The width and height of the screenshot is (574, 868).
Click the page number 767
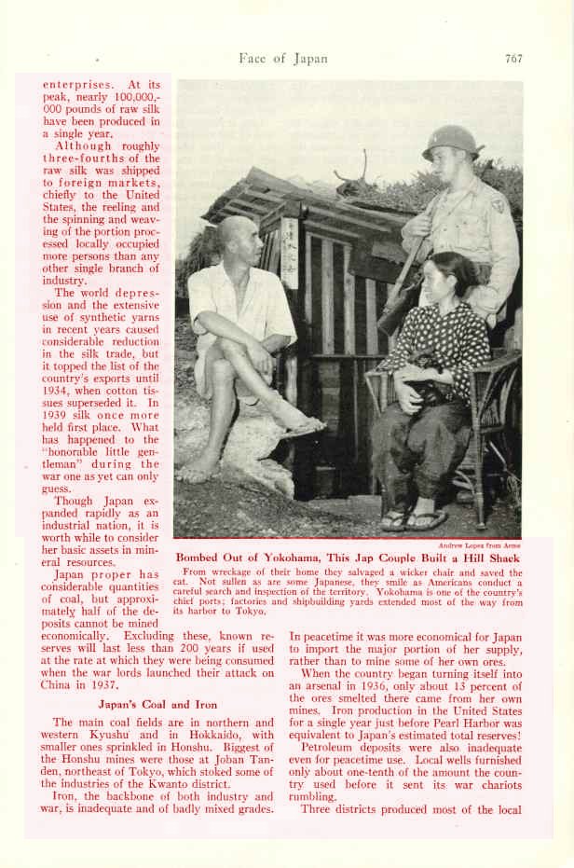(513, 58)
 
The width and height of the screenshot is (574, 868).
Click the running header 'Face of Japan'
(283, 58)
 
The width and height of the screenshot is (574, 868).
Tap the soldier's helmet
(450, 143)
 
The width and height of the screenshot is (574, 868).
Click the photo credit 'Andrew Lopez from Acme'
(480, 545)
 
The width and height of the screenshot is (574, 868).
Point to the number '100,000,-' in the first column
(130, 97)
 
